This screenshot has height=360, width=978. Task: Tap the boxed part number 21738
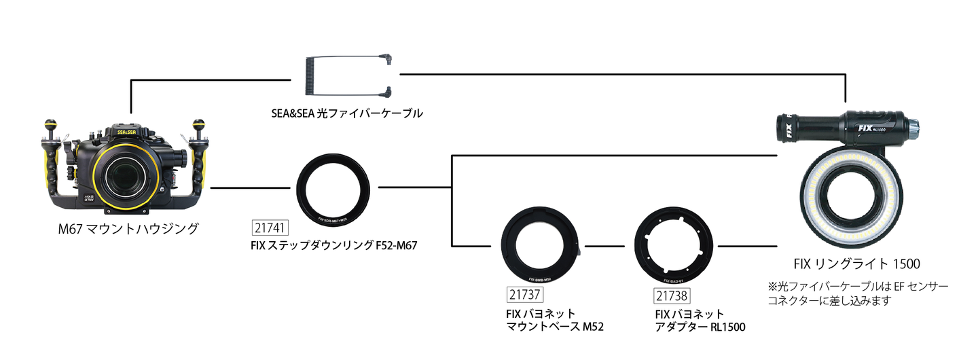click(672, 295)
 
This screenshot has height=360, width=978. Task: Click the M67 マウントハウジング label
click(128, 229)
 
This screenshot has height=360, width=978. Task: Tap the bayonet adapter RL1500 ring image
click(675, 247)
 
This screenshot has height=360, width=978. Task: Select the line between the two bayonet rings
click(605, 246)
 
